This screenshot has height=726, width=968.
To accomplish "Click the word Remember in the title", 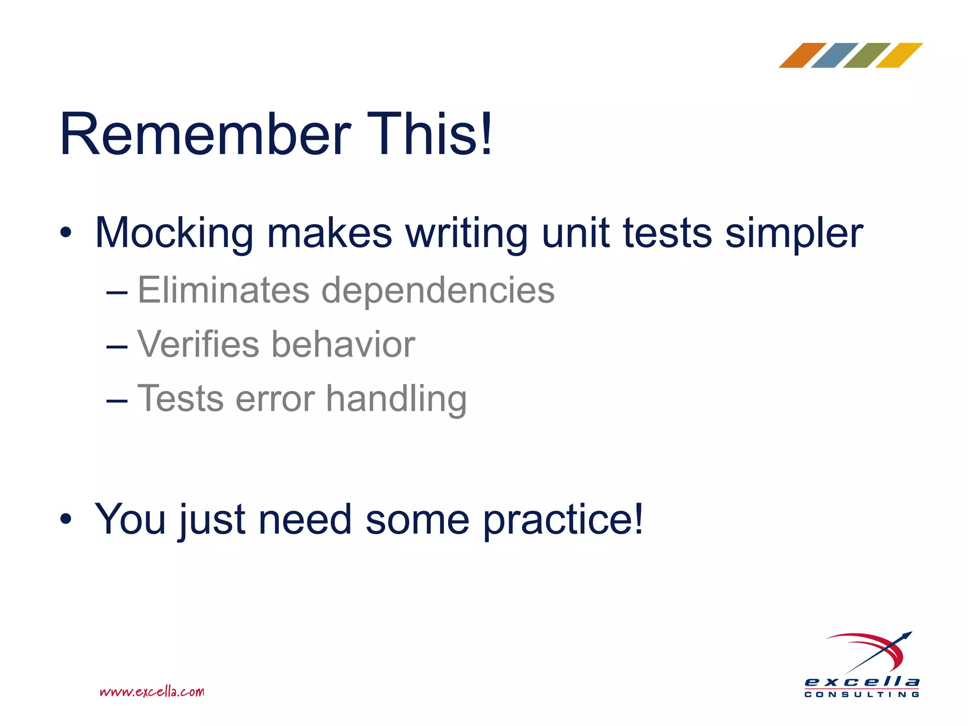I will [x=205, y=134].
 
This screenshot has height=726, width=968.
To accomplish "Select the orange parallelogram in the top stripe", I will [x=802, y=55].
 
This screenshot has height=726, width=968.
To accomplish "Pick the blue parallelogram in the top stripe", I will [x=835, y=55].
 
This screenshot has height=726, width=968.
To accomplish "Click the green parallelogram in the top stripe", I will [x=867, y=55].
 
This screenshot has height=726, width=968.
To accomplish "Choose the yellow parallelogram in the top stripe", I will [x=899, y=55].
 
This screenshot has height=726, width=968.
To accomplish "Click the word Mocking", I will [x=174, y=233].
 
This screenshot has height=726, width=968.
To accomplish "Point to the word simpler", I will [x=794, y=233].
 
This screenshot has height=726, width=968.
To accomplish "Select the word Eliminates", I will [x=223, y=290].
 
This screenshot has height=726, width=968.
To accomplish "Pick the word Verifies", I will [x=198, y=344].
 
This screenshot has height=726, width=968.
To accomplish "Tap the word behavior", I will [x=343, y=344].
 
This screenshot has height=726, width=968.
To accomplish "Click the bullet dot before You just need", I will [x=66, y=519].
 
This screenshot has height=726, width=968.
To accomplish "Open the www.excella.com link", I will [x=152, y=692].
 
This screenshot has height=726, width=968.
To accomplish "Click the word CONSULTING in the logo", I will [x=862, y=694].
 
